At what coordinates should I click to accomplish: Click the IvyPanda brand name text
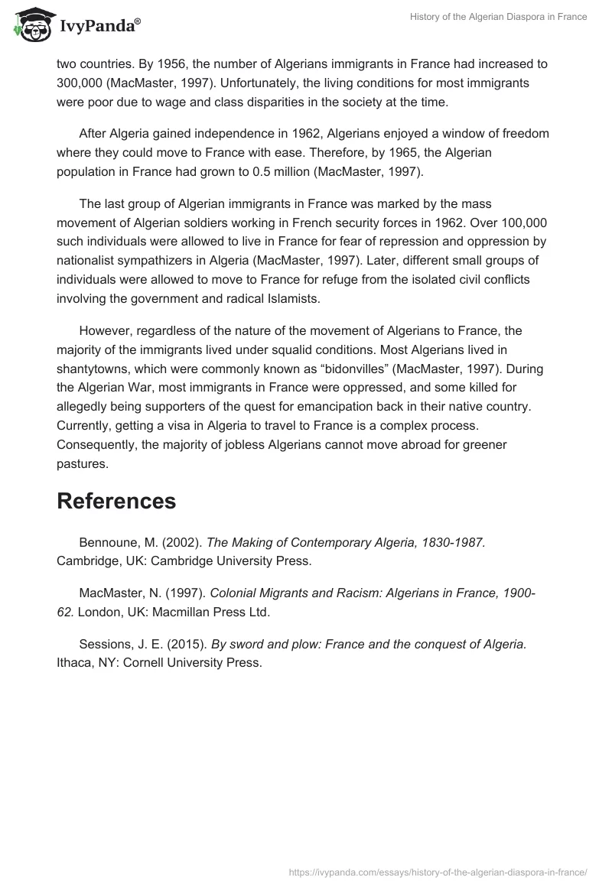(x=99, y=25)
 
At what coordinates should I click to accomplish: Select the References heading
(x=116, y=501)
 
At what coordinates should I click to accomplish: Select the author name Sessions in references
(x=108, y=645)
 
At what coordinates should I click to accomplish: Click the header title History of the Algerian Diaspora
(x=498, y=17)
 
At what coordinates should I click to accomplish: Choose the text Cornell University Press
(x=198, y=663)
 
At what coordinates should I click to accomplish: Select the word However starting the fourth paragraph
(x=106, y=331)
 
